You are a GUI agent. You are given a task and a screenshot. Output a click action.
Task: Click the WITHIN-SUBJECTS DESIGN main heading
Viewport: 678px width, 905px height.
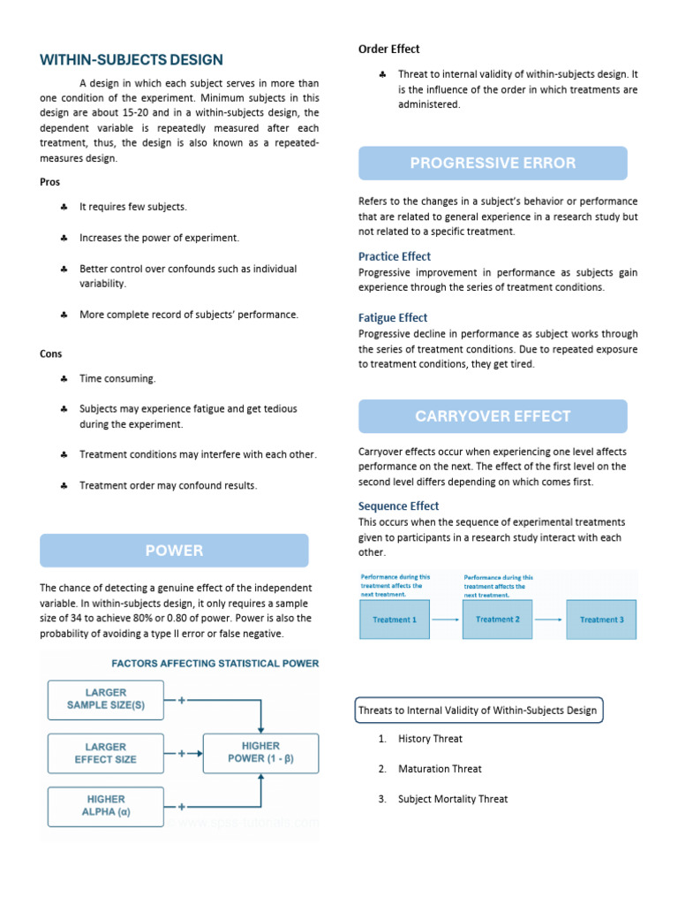click(132, 60)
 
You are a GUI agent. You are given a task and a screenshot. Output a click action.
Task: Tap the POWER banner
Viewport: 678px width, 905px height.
click(175, 551)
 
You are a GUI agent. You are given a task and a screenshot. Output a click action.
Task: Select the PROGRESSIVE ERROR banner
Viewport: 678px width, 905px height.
click(493, 163)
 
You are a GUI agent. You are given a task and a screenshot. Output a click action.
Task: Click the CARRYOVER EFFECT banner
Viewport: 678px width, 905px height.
click(493, 416)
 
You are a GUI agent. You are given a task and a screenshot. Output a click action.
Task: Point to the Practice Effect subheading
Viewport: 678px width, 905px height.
click(394, 256)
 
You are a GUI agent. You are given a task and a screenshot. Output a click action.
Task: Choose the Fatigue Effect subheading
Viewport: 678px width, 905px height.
click(392, 317)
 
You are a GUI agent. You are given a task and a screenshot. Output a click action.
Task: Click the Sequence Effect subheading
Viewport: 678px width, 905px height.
click(398, 506)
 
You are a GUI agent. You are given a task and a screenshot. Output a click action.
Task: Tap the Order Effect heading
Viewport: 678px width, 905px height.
click(388, 49)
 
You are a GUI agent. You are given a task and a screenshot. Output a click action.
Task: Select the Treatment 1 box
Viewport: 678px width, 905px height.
click(395, 620)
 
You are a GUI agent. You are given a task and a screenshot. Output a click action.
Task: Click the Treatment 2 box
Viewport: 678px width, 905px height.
click(498, 620)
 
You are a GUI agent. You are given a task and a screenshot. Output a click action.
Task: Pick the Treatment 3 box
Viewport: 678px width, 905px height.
click(601, 620)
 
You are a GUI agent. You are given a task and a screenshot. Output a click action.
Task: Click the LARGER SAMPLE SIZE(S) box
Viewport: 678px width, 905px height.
click(105, 699)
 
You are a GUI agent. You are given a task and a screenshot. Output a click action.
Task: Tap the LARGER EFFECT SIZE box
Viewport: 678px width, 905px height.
click(105, 753)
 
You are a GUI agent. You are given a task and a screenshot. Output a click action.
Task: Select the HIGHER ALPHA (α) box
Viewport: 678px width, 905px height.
click(105, 806)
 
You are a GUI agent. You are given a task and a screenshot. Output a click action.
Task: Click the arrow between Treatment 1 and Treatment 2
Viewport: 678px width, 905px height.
click(447, 620)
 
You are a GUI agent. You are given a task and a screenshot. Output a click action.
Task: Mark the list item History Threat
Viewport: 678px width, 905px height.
click(430, 739)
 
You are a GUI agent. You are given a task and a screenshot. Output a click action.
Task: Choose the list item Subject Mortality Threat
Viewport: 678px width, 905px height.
click(453, 799)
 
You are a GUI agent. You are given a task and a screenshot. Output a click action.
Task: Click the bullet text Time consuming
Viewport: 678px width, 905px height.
click(117, 378)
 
